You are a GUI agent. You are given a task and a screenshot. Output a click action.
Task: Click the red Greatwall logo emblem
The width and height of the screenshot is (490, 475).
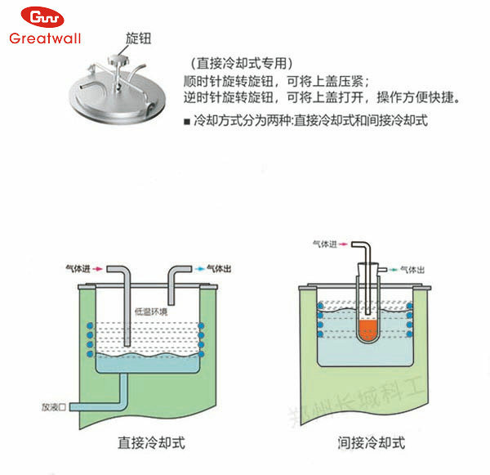pyautogui.click(x=42, y=18)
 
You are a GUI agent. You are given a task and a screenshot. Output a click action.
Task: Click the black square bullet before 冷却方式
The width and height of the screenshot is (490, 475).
pyautogui.click(x=188, y=120)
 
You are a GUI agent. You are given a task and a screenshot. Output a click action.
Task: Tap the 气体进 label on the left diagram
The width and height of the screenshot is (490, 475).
pyautogui.click(x=79, y=267)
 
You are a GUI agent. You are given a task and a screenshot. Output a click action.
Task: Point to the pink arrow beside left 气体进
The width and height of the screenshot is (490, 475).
pyautogui.click(x=100, y=267)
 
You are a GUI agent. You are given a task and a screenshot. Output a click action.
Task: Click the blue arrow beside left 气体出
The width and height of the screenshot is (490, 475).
pyautogui.click(x=200, y=267)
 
